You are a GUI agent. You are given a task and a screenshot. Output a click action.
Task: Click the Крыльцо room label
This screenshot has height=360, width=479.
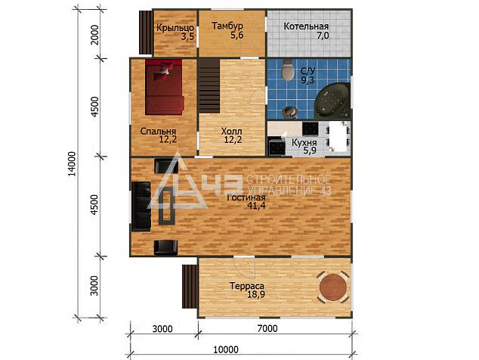[175, 27]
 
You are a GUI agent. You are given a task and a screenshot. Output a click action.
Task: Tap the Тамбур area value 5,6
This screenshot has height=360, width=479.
[237, 36]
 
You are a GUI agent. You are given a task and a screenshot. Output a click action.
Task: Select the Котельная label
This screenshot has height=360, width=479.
[306, 26]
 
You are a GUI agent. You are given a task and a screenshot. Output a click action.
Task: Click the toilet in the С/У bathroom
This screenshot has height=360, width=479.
[287, 70]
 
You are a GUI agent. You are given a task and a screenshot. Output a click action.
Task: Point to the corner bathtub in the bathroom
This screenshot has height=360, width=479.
[332, 101]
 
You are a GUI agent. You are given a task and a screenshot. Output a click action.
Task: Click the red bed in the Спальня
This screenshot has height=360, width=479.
[165, 87]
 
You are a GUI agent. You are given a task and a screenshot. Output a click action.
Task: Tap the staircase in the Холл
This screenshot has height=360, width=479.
[209, 86]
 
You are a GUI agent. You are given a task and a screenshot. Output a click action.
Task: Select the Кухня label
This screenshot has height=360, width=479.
[304, 143]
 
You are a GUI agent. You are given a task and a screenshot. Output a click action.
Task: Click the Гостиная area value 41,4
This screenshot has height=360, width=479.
[257, 206]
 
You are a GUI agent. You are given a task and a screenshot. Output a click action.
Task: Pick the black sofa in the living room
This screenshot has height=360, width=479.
[141, 206]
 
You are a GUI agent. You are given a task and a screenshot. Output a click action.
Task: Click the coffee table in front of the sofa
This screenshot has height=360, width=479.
[167, 206]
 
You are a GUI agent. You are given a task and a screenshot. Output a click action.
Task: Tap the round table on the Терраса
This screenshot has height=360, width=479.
[333, 287]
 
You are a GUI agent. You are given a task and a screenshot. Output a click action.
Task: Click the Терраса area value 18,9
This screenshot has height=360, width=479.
[256, 294]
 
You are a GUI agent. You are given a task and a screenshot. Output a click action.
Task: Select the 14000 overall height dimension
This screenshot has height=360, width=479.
[72, 163]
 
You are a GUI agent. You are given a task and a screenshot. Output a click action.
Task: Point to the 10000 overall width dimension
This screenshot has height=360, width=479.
[226, 349]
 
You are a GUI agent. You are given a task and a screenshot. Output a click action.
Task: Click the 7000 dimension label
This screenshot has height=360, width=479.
[267, 328]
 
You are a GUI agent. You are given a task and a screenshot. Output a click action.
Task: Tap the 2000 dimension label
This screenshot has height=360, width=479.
[95, 35]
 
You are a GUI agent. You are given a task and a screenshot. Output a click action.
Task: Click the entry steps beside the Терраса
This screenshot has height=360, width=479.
[190, 287]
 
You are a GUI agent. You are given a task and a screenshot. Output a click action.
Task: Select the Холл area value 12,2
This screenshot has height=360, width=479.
[233, 140]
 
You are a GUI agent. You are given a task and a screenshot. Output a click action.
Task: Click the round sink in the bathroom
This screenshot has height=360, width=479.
[289, 112]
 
